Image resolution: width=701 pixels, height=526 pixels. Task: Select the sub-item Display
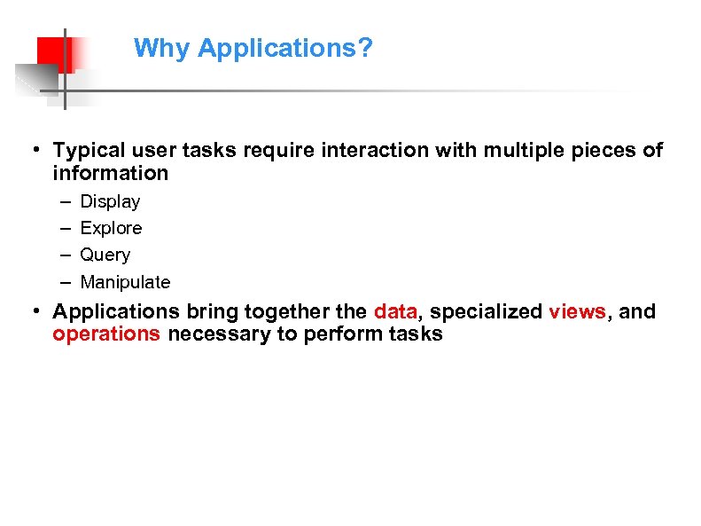(x=110, y=202)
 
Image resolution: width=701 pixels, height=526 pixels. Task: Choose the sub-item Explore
(x=111, y=229)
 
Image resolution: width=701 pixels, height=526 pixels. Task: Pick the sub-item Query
(x=105, y=255)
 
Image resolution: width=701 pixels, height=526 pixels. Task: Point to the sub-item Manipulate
(x=125, y=283)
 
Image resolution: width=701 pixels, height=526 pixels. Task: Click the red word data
(x=394, y=311)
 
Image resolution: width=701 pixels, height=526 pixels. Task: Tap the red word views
(x=578, y=311)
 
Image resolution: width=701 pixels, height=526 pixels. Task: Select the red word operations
(x=106, y=334)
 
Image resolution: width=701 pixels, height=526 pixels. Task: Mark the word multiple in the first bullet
(x=513, y=151)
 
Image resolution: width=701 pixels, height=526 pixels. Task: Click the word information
(x=110, y=173)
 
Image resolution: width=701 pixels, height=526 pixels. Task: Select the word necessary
(x=210, y=334)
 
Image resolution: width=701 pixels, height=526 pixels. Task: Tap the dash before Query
(x=66, y=255)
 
